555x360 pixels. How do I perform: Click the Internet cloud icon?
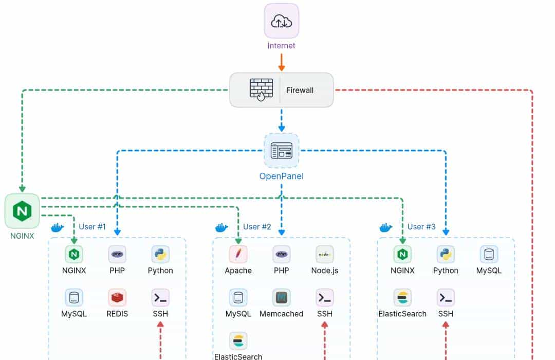click(282, 21)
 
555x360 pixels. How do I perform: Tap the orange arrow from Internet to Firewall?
click(282, 62)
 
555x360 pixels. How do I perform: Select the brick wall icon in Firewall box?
click(261, 89)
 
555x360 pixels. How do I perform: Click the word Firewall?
click(300, 90)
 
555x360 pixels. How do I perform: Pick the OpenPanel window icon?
click(282, 151)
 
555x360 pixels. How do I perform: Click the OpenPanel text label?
click(282, 176)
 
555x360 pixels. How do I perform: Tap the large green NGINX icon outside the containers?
click(22, 211)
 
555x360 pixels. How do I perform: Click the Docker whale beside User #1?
click(57, 227)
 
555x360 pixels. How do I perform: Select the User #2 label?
click(257, 227)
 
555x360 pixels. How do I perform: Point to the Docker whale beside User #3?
click(386, 227)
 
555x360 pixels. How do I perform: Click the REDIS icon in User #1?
click(117, 297)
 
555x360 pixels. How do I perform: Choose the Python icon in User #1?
click(160, 254)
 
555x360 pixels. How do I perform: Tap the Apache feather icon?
click(238, 254)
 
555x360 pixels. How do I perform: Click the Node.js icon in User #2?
click(325, 254)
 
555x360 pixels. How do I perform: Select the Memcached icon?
click(282, 297)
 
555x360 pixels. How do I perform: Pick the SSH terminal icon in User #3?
click(446, 297)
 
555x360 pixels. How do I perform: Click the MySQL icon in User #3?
click(489, 254)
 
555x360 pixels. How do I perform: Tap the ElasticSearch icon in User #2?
click(238, 340)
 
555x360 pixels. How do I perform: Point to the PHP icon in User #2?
click(282, 254)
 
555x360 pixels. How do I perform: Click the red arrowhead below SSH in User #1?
click(160, 325)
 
